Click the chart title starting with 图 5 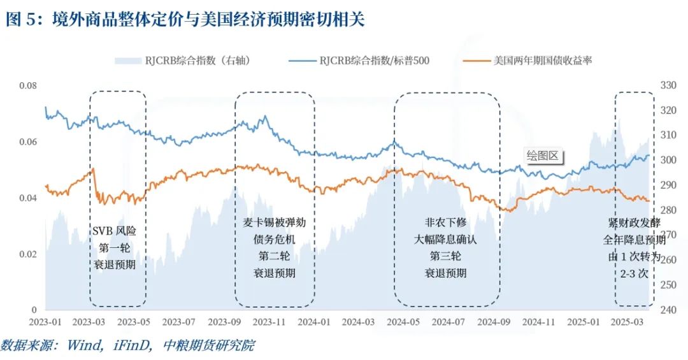coord(185,20)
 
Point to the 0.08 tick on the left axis coord(28,85)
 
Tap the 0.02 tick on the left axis coord(28,254)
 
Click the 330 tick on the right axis coord(669,85)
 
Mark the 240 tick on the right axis coord(669,310)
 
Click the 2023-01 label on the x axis coord(45,322)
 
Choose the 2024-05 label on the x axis coord(405,322)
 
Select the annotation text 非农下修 coord(445,223)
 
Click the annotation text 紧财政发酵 coord(634,223)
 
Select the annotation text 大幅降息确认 coord(445,240)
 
